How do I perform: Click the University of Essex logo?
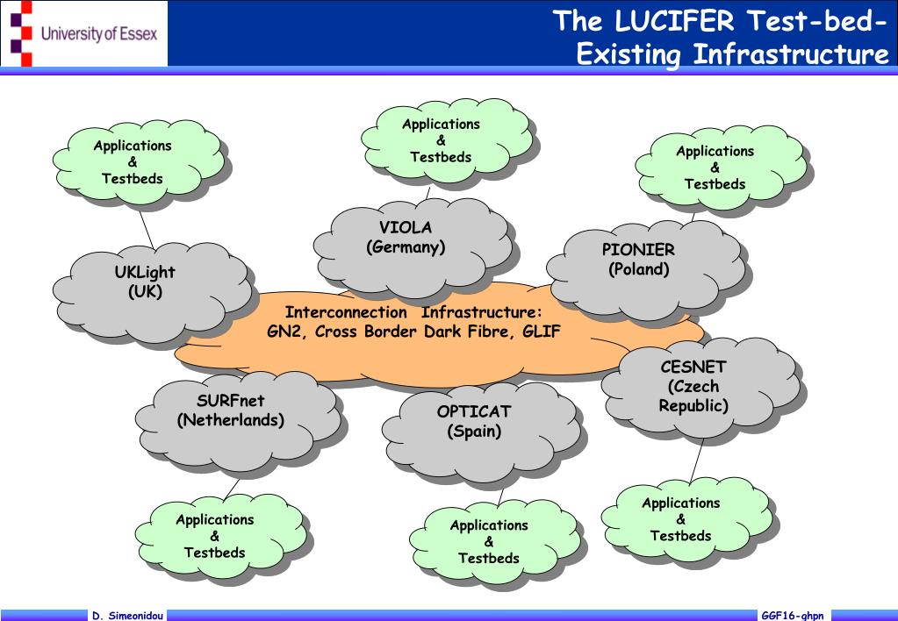84,34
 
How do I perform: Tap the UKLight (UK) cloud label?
145,282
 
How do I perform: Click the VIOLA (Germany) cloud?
406,238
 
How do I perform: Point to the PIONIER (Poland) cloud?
638,260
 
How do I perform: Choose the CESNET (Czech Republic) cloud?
693,386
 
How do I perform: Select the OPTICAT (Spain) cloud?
473,421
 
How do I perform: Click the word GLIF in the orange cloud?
543,332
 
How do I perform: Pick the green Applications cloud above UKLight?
133,162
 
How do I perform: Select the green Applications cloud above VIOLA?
441,140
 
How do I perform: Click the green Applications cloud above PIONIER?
715,168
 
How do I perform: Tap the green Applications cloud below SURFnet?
215,536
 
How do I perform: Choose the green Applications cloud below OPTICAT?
489,541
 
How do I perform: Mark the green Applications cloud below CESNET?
681,519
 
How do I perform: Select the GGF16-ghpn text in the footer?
793,616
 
